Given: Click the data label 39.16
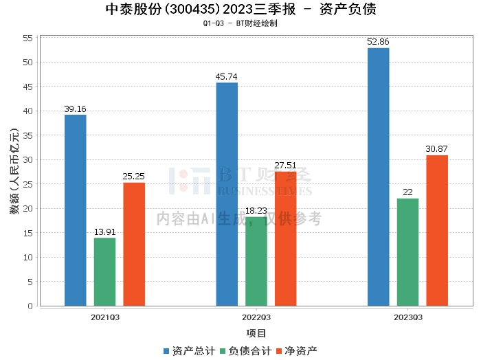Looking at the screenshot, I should (x=76, y=109).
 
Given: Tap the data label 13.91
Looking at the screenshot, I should (x=105, y=232).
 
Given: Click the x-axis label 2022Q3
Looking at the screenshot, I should (x=256, y=317).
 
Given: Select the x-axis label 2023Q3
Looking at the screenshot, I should (x=407, y=317).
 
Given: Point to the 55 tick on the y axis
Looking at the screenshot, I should (x=28, y=38).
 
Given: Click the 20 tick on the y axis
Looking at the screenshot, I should (x=28, y=208).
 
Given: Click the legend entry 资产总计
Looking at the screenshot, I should (x=189, y=351).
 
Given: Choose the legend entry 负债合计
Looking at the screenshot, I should (x=245, y=351).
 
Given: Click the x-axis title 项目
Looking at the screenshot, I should (x=256, y=333).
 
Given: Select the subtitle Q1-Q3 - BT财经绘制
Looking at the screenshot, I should (x=240, y=23).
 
